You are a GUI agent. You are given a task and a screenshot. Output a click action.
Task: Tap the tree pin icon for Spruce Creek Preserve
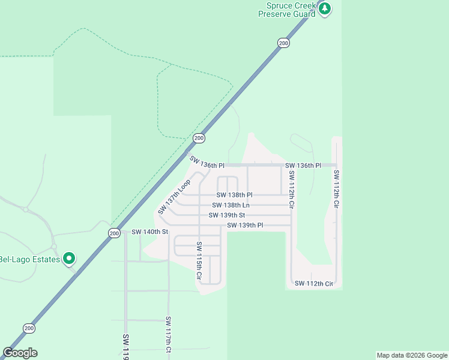click(x=325, y=8)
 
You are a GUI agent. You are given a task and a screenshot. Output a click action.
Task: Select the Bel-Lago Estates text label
click(x=30, y=259)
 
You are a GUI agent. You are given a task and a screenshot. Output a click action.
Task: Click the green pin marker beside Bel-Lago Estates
click(x=69, y=259)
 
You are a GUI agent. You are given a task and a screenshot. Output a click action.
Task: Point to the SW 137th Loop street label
click(x=174, y=197)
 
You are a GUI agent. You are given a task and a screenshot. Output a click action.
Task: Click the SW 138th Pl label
click(x=235, y=195)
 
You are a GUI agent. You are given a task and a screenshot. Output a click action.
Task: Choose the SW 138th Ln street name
click(x=231, y=205)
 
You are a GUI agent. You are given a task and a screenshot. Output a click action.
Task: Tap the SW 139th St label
click(x=227, y=215)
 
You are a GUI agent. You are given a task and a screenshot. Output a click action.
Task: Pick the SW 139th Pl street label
click(x=245, y=226)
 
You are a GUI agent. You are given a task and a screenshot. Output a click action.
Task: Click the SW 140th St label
click(x=150, y=232)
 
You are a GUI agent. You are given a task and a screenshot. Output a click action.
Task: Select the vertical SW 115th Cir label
click(x=199, y=262)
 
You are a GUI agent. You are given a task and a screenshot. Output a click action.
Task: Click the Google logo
click(x=20, y=353)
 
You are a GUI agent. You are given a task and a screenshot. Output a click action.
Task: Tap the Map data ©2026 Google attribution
click(x=412, y=355)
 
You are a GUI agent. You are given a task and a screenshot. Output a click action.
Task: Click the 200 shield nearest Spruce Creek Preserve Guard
click(x=283, y=43)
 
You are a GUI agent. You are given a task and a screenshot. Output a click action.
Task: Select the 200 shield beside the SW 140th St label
click(x=114, y=233)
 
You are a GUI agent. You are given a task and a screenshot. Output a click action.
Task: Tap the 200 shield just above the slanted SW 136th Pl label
click(x=199, y=138)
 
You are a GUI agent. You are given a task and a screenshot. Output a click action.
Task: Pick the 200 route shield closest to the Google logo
click(x=29, y=328)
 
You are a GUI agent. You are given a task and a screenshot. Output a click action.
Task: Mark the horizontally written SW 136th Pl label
click(x=303, y=165)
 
